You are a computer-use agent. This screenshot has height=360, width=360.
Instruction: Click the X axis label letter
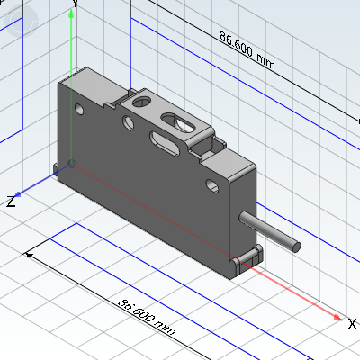point(352,324)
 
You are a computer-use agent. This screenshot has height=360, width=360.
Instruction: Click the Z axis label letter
point(11,202)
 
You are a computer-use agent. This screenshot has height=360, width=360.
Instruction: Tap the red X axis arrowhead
point(337,317)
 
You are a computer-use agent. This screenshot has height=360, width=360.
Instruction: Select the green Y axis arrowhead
point(71,13)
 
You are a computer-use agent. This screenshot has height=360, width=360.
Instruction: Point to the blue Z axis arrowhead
point(18,194)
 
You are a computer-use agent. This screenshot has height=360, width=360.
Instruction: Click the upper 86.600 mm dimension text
point(247,50)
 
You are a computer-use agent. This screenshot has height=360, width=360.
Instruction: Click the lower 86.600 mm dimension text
point(146,317)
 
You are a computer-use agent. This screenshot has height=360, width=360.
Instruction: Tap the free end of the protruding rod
point(296,247)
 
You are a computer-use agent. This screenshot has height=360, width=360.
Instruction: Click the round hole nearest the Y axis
point(79,109)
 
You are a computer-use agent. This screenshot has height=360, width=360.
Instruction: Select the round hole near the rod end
point(212,185)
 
